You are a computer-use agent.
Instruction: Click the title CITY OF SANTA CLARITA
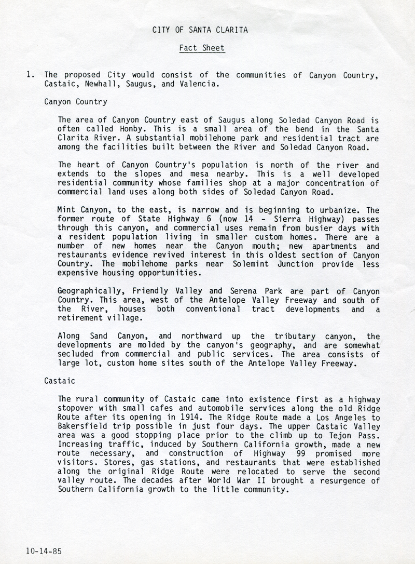click(x=200, y=30)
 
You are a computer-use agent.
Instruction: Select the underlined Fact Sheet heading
click(x=202, y=48)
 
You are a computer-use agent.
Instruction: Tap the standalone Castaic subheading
click(x=60, y=381)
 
